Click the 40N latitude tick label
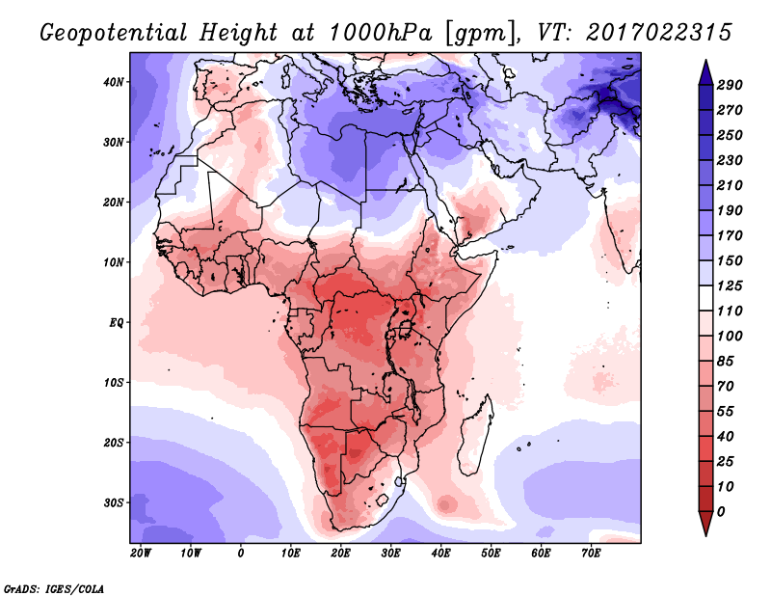coord(114,82)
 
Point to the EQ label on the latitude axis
coord(117,323)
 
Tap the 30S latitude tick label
coord(114,503)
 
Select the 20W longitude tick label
coord(141,554)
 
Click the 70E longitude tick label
coord(591,554)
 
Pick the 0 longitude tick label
coord(240,554)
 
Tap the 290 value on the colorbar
coord(730,85)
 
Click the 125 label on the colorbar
coord(730,285)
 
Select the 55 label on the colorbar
coord(726,412)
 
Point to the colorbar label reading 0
coord(721,512)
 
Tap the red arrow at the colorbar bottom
coord(705,524)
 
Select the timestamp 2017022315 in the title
coord(659,33)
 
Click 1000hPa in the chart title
coord(381,33)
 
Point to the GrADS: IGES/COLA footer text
coord(54,589)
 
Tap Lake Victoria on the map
coord(405,328)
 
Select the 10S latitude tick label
coord(114,383)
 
